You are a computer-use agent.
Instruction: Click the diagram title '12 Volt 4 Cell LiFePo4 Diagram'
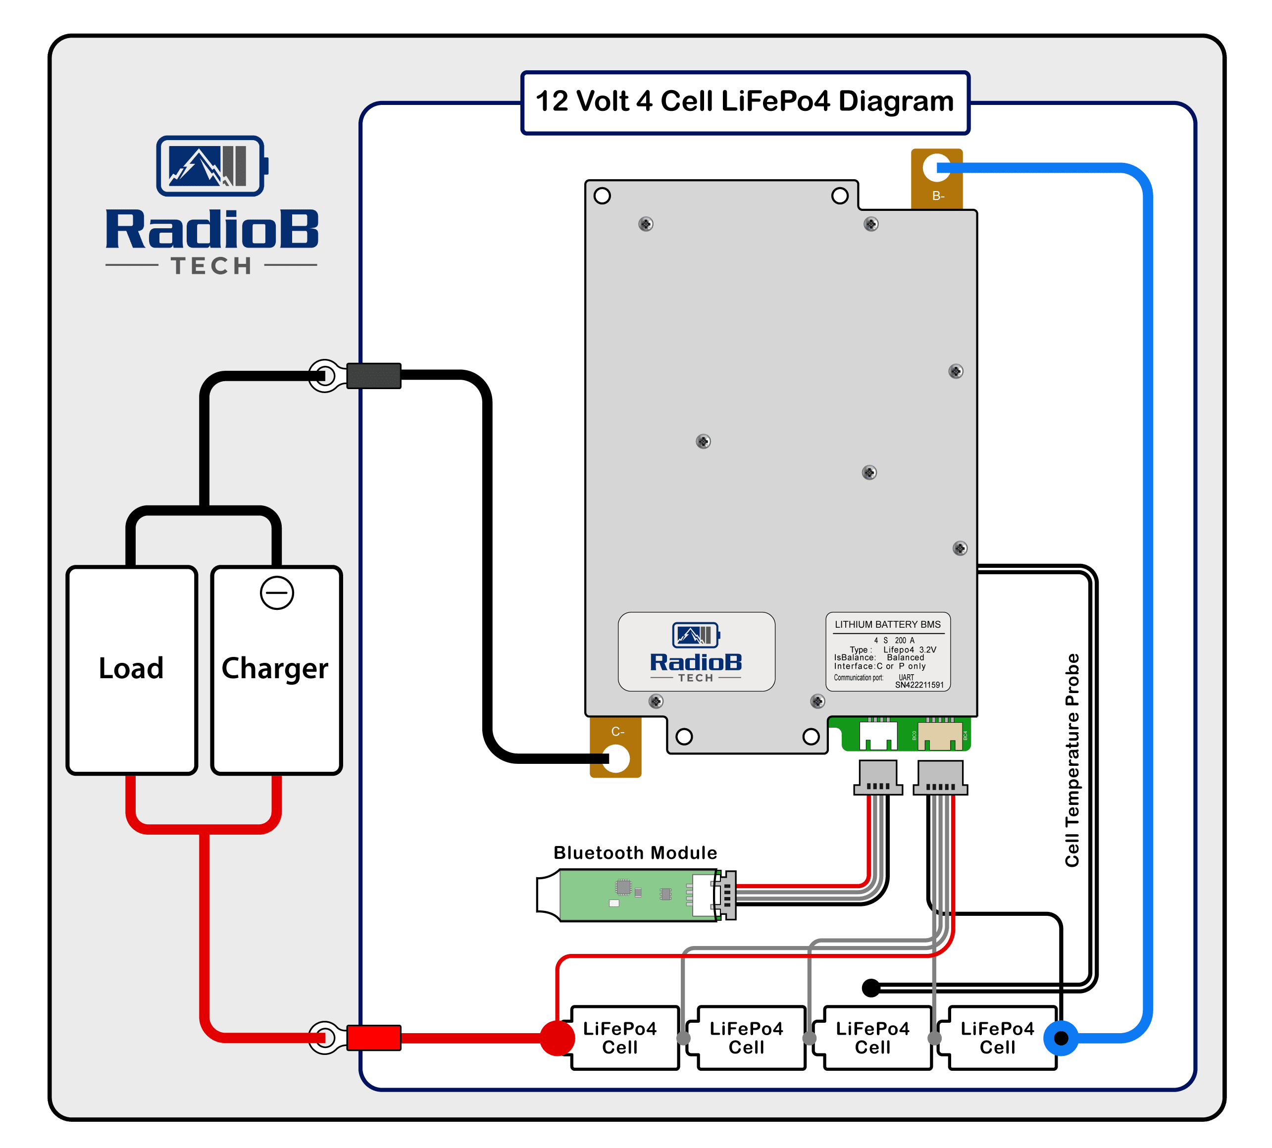(x=745, y=101)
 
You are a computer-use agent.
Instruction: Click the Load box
(x=131, y=669)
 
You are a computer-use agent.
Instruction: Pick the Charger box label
(x=275, y=669)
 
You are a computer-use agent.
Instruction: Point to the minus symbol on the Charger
(x=277, y=593)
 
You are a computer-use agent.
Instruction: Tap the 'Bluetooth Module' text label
(x=635, y=853)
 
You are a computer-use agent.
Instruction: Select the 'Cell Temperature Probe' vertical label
(x=1072, y=760)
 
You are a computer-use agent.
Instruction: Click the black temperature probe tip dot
(x=871, y=988)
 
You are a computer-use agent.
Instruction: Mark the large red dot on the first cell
(x=557, y=1038)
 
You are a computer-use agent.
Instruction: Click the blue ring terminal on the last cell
(x=1061, y=1038)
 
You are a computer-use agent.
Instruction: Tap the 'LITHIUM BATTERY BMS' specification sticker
(x=888, y=651)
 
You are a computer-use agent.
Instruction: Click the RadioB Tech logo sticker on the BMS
(x=696, y=651)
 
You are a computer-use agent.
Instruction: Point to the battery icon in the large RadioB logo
(x=212, y=166)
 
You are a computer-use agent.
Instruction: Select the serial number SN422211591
(x=919, y=685)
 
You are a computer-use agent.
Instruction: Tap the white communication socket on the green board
(x=878, y=735)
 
